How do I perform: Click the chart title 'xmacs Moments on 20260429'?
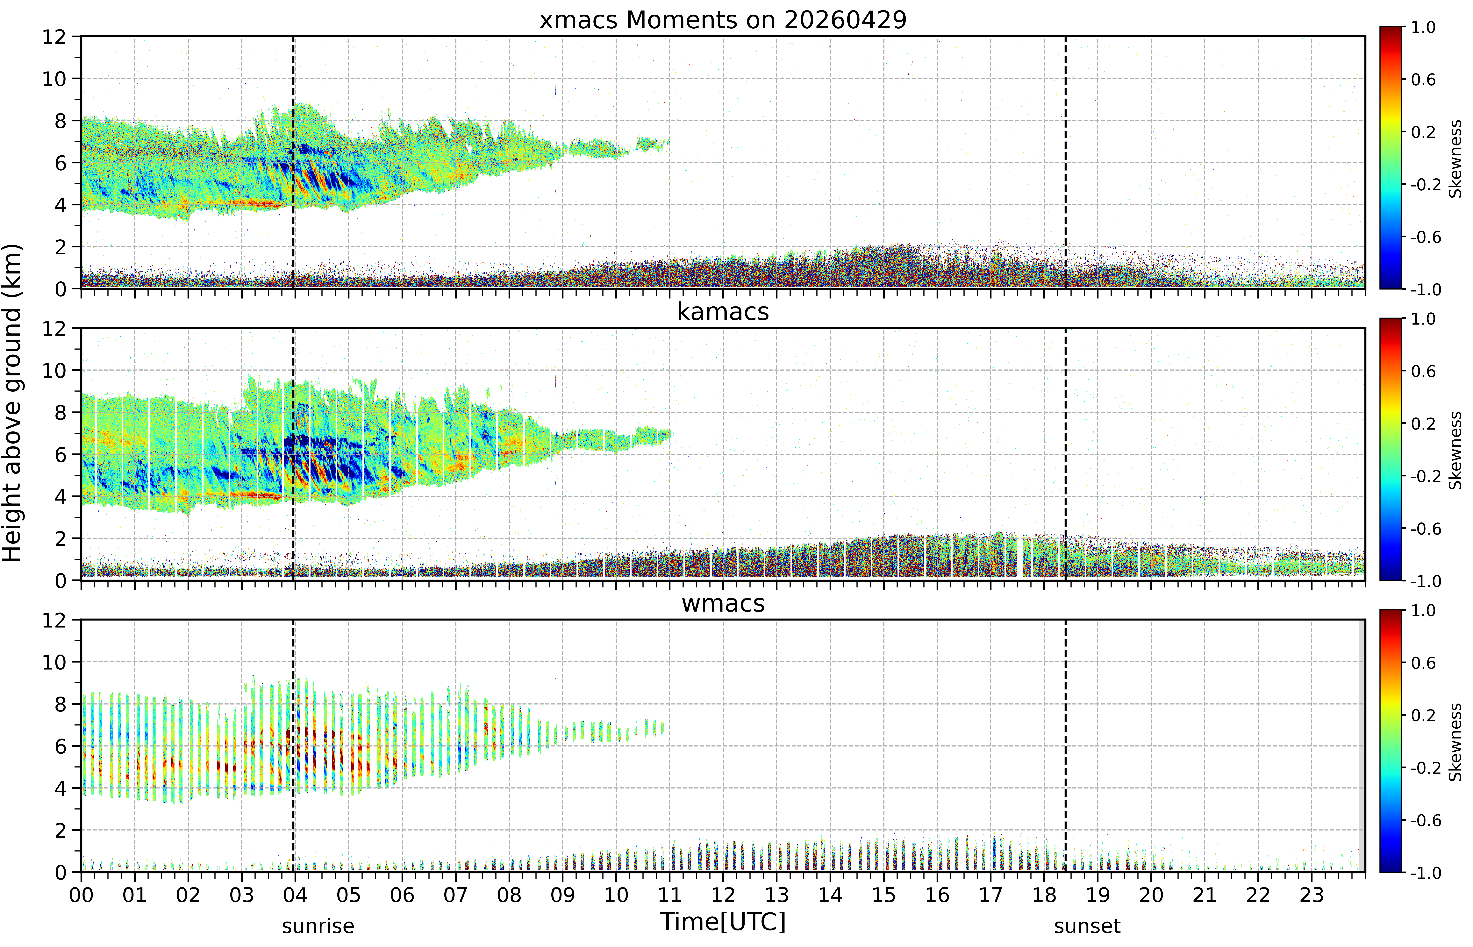(x=723, y=20)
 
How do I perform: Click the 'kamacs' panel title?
(x=723, y=312)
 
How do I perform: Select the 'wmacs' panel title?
(x=723, y=603)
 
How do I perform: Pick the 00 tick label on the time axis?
(x=81, y=895)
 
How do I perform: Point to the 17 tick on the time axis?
(x=991, y=895)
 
